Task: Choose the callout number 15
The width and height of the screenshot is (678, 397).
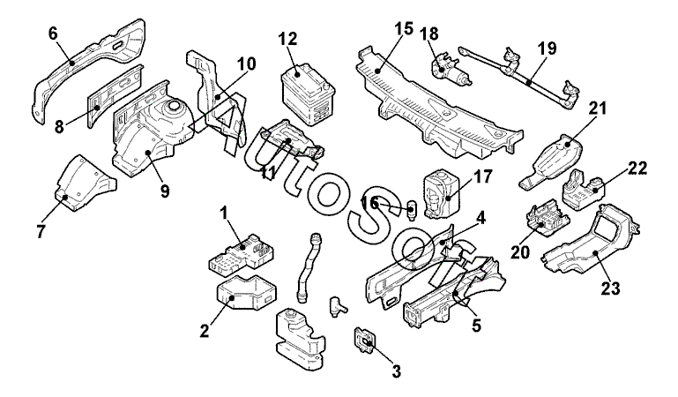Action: click(403, 28)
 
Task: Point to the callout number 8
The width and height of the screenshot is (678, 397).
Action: click(59, 126)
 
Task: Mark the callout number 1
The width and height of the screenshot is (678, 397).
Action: click(225, 213)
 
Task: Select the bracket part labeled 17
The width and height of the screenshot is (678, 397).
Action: click(440, 188)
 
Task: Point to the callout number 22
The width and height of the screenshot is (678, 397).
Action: click(637, 169)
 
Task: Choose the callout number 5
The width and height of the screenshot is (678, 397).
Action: click(475, 325)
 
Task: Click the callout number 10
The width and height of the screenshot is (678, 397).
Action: click(247, 64)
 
